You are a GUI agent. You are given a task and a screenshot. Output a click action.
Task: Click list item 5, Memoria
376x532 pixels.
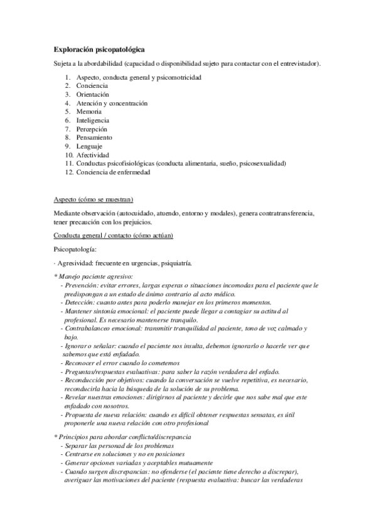[x=89, y=111]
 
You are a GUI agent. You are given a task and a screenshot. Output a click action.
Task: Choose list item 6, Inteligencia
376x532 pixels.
[x=93, y=120]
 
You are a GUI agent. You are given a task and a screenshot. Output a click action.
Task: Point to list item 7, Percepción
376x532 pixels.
[x=93, y=129]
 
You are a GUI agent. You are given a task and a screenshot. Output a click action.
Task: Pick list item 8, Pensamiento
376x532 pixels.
[x=95, y=137]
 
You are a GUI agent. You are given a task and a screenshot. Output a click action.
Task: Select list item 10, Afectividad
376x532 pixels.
[x=93, y=155]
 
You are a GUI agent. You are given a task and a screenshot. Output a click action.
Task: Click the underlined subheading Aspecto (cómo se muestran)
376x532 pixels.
[x=93, y=199]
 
